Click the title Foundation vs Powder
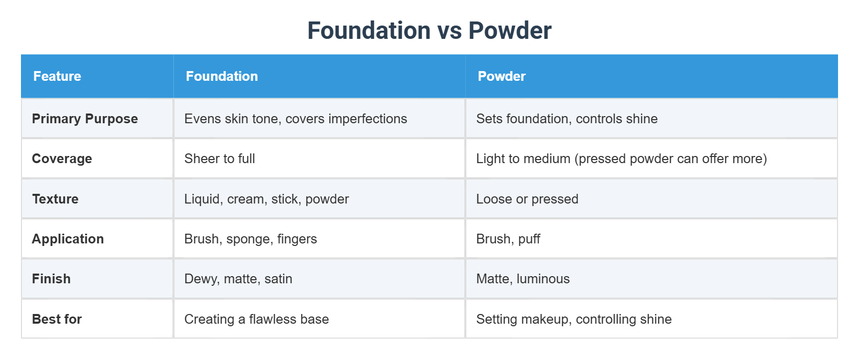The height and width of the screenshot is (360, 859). pos(429,31)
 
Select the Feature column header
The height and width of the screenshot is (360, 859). pos(57,76)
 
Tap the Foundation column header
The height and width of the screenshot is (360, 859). pos(222,76)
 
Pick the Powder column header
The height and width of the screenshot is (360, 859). pos(502,76)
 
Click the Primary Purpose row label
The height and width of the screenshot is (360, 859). pos(85,119)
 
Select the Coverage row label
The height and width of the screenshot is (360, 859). pos(62,159)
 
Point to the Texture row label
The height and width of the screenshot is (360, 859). pos(55,199)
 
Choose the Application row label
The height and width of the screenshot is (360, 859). pos(68,239)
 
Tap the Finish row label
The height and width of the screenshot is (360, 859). pos(51,279)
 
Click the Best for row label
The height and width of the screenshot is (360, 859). pos(57,319)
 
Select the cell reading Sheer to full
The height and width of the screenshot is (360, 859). pos(220,159)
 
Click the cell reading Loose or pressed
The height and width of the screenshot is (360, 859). pos(527,199)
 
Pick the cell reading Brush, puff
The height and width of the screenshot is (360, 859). pos(508,239)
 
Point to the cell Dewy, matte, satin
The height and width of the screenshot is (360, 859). pos(238,279)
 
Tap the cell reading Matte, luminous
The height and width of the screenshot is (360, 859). pos(523,279)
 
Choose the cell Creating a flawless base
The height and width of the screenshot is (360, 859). pos(257,319)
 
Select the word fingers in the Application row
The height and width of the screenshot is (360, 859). pos(297,239)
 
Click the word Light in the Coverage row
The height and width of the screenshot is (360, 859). pos(490,159)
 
